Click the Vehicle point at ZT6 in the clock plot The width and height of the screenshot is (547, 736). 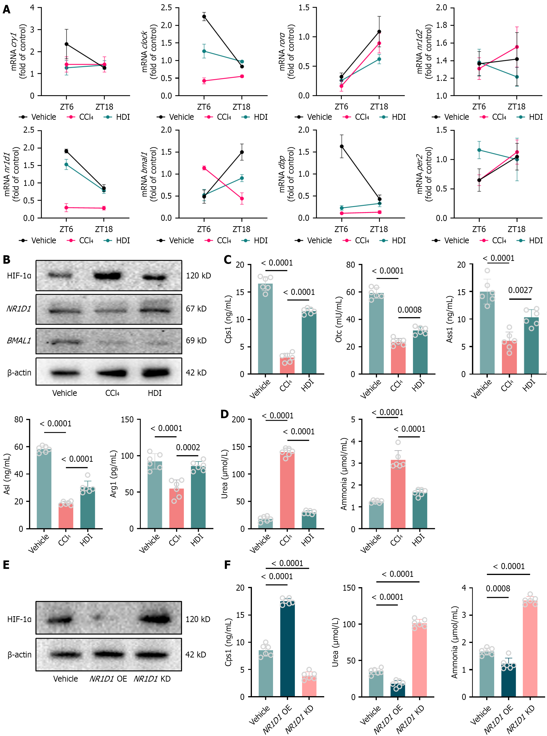tap(204, 17)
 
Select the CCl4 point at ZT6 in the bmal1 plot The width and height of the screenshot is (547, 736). tap(204, 168)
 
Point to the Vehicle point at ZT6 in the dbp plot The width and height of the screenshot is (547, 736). tap(341, 146)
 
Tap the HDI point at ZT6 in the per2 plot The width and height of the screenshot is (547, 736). tap(479, 150)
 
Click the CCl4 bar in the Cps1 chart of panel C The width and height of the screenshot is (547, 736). tap(287, 365)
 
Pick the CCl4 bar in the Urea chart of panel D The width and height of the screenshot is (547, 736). tap(287, 489)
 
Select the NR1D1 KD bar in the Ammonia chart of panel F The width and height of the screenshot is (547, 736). tap(530, 649)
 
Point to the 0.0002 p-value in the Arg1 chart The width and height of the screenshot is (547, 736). tap(188, 447)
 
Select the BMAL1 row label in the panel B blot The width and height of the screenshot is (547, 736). tap(19, 341)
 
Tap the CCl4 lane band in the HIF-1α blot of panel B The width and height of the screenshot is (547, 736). tap(107, 275)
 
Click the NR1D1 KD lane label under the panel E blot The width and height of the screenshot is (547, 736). tap(152, 679)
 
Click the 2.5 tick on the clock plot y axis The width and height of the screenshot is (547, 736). tap(166, 8)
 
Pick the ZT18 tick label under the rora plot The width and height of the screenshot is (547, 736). tap(379, 107)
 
